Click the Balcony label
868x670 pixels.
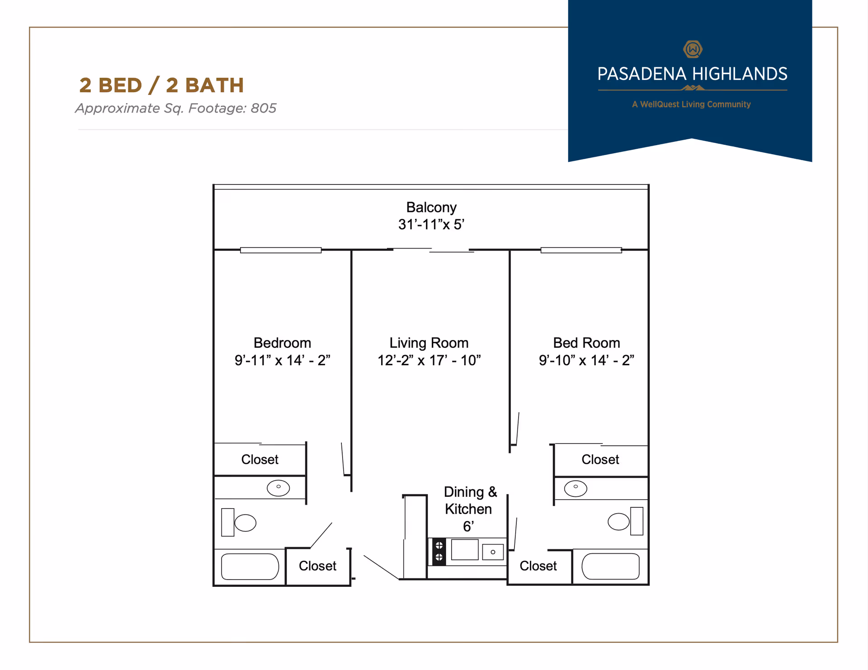[431, 208]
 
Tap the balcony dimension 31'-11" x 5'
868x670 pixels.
[431, 225]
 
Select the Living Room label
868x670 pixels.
[429, 343]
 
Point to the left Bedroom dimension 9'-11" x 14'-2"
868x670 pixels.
[282, 361]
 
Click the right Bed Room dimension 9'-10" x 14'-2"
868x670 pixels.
[586, 361]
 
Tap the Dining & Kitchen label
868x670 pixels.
[470, 500]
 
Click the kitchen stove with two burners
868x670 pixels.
[439, 552]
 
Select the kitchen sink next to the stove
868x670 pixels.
[493, 552]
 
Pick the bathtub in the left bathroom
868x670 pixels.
[250, 566]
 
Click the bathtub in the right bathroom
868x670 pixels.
[610, 566]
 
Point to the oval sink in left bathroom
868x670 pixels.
[278, 488]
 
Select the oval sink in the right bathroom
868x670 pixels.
[576, 488]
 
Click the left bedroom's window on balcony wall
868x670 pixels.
[281, 250]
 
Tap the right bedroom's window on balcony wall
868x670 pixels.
[581, 250]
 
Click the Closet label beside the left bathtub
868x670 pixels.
[317, 566]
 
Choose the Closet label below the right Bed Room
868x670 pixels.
[600, 460]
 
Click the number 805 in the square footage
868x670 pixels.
[264, 109]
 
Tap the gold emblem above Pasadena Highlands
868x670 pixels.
[693, 49]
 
